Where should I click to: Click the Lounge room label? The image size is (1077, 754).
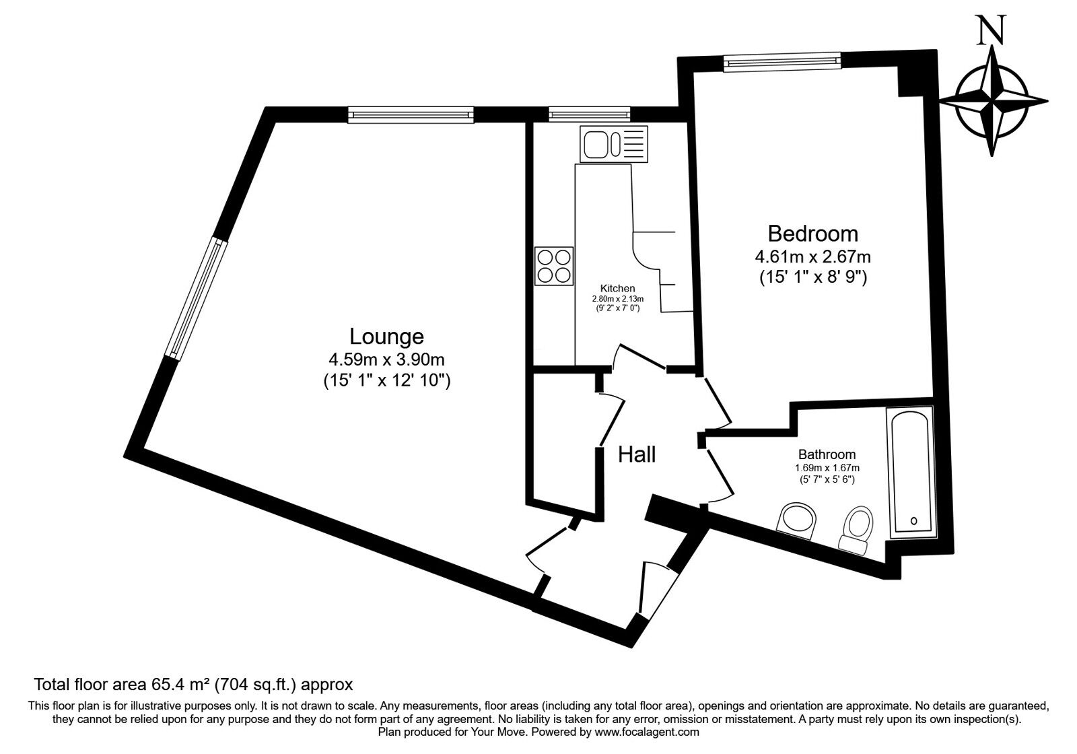pyautogui.click(x=386, y=337)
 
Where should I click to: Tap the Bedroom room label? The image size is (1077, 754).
pyautogui.click(x=813, y=234)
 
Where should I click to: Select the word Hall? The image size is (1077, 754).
pyautogui.click(x=637, y=454)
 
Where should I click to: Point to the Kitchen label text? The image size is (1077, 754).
pyautogui.click(x=617, y=289)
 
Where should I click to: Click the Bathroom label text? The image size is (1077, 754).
pyautogui.click(x=827, y=454)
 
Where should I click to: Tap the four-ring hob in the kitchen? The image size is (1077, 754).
pyautogui.click(x=554, y=266)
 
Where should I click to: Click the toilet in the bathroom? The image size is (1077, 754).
pyautogui.click(x=856, y=530)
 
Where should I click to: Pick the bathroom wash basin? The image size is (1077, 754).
pyautogui.click(x=797, y=520)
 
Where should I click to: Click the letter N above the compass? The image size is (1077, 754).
pyautogui.click(x=990, y=30)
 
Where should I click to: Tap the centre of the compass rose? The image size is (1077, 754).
pyautogui.click(x=992, y=102)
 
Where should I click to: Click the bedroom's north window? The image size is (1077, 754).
pyautogui.click(x=782, y=62)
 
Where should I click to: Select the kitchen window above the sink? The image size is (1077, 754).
pyautogui.click(x=590, y=114)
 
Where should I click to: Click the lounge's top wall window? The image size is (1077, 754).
pyautogui.click(x=411, y=115)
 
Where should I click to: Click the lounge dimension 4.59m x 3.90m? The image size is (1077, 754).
pyautogui.click(x=386, y=359)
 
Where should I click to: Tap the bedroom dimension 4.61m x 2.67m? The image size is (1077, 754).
pyautogui.click(x=813, y=256)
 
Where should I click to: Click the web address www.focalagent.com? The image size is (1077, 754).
pyautogui.click(x=647, y=732)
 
